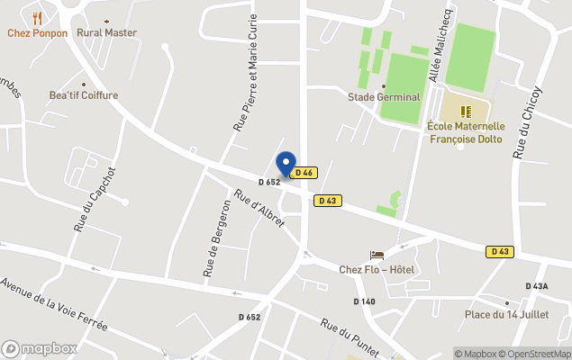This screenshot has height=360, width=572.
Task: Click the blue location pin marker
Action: (286, 164)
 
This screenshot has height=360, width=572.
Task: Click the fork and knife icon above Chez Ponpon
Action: (37, 18)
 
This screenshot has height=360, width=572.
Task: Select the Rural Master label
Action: (107, 32)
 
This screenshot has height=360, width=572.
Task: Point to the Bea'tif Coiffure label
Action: (84, 94)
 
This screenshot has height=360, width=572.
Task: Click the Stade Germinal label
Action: (384, 96)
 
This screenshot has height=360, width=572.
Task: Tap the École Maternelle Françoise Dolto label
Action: (466, 132)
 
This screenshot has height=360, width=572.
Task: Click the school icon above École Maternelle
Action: (467, 112)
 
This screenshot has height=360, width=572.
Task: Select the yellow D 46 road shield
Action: (304, 173)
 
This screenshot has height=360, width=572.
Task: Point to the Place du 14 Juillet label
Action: (505, 314)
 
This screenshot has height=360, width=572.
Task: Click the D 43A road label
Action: (534, 286)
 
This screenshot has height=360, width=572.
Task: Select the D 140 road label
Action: (364, 301)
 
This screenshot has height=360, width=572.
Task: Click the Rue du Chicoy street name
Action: (527, 123)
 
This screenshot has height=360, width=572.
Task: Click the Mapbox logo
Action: (40, 348)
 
